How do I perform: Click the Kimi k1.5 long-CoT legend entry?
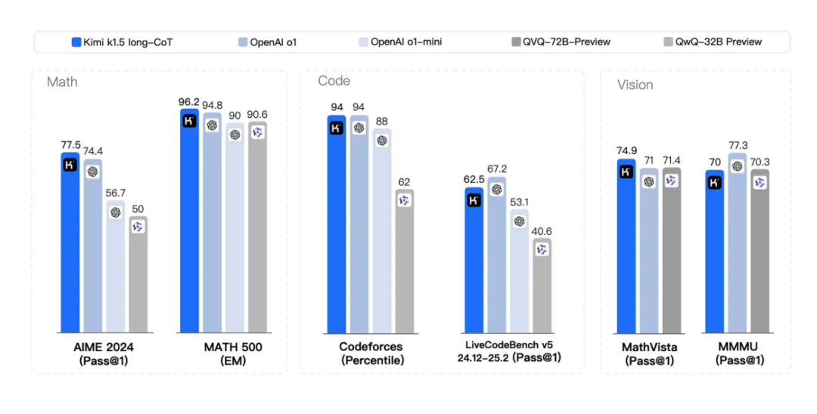tap(121, 42)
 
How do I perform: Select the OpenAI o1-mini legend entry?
tap(401, 42)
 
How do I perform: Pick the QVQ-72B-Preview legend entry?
tap(561, 42)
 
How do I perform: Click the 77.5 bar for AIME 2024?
tap(70, 242)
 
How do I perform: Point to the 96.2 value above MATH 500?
tap(189, 100)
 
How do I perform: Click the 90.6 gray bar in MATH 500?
tap(257, 227)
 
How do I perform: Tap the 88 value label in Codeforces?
tap(382, 121)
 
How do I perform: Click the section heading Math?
tap(62, 81)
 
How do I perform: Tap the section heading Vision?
tap(635, 85)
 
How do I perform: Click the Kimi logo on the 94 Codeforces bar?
tap(337, 128)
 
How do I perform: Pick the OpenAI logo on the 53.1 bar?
tap(519, 221)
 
